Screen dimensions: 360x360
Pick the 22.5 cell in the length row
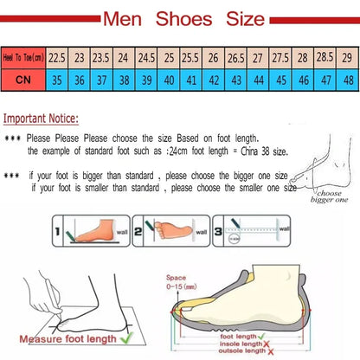tap(58, 56)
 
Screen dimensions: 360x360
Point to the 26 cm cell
tap(213, 56)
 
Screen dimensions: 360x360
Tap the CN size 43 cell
tap(235, 80)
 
